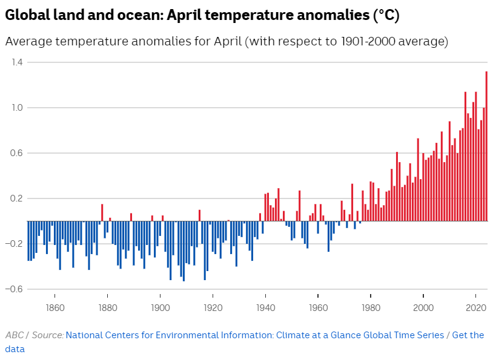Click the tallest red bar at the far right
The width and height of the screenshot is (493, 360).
pyautogui.click(x=486, y=146)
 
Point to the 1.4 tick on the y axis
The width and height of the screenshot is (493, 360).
pyautogui.click(x=16, y=62)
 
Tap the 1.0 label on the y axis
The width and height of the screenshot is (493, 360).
pyautogui.click(x=16, y=108)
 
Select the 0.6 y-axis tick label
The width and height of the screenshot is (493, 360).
pyautogui.click(x=16, y=153)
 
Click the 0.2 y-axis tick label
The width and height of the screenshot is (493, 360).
pyautogui.click(x=16, y=198)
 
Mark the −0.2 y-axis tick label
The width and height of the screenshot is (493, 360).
pyautogui.click(x=15, y=244)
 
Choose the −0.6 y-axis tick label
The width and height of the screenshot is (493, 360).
pyautogui.click(x=15, y=289)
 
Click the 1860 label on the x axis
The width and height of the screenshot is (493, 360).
pyautogui.click(x=55, y=307)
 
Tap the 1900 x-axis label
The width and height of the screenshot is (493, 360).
pyautogui.click(x=160, y=307)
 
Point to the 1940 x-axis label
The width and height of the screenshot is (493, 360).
pyautogui.click(x=265, y=307)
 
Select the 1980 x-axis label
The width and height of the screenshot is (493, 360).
pyautogui.click(x=371, y=307)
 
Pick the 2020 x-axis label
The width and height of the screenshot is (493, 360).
pyautogui.click(x=476, y=307)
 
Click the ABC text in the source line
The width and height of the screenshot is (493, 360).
pyautogui.click(x=15, y=335)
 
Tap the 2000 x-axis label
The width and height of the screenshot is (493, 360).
pyautogui.click(x=423, y=307)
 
